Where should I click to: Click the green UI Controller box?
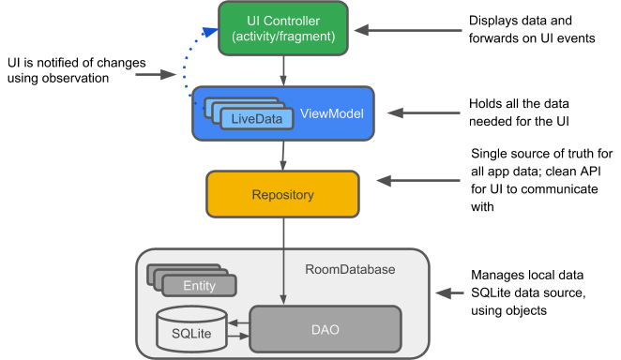(x=282, y=27)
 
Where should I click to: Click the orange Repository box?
(x=282, y=195)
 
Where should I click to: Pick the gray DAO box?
(x=325, y=329)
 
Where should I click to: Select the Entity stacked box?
(x=198, y=285)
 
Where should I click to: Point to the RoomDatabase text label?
(x=350, y=270)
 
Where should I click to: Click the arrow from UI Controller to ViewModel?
(x=283, y=69)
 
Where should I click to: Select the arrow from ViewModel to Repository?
(x=283, y=155)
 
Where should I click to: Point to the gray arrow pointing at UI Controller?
(x=409, y=31)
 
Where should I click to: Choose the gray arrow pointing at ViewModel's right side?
(x=424, y=113)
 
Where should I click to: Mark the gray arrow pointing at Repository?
(x=418, y=180)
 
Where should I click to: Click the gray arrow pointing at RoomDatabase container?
(x=451, y=293)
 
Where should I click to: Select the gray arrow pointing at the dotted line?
(x=156, y=75)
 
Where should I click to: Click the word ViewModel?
(x=331, y=113)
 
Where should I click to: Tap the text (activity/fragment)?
(x=282, y=37)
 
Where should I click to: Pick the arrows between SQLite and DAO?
(x=236, y=329)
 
